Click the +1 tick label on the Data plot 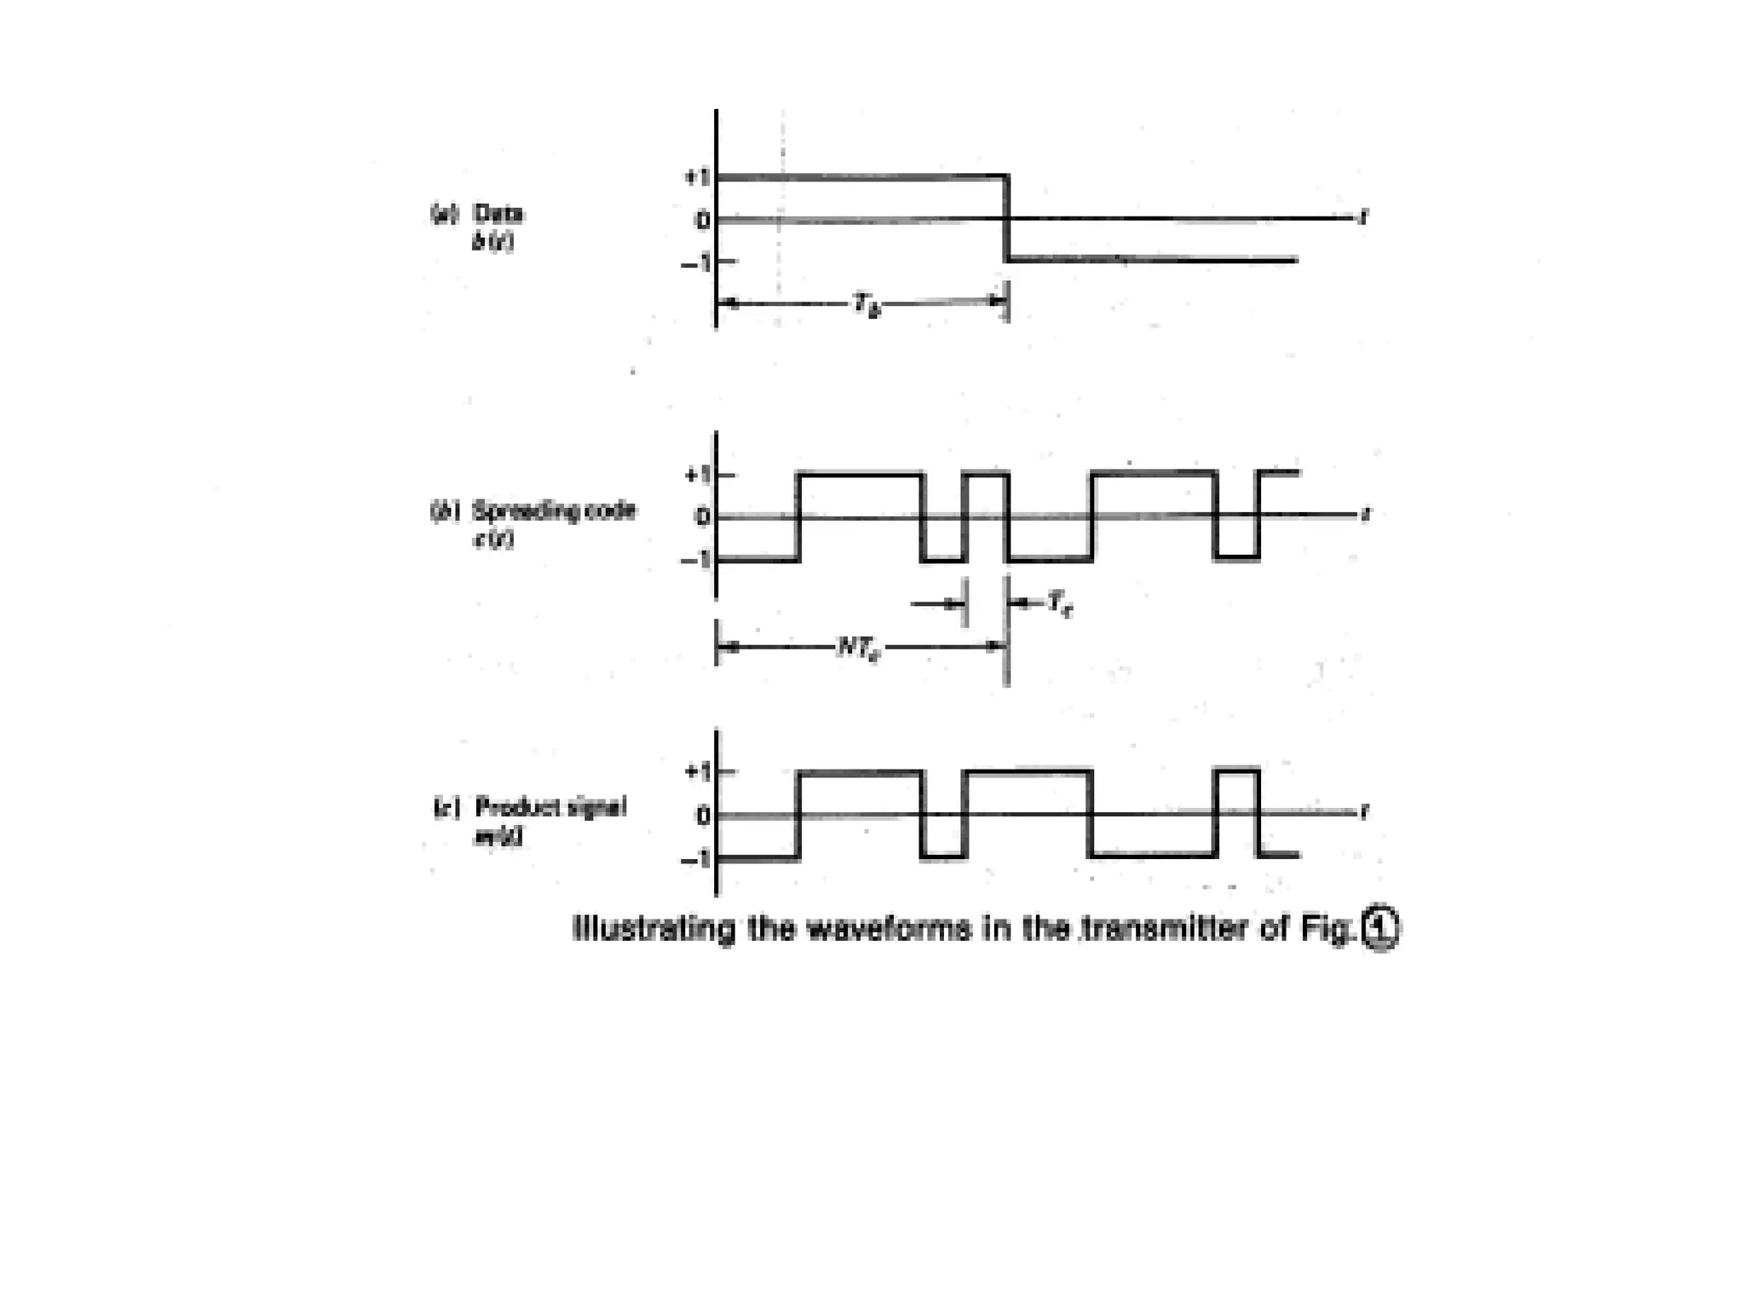point(696,177)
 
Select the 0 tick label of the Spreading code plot point(702,517)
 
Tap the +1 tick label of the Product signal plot point(697,772)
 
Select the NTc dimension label point(858,648)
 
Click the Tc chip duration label point(1059,604)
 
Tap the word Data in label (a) point(498,213)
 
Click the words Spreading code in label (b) point(554,511)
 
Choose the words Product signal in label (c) point(550,807)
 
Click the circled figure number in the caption point(1380,928)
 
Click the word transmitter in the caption point(1164,928)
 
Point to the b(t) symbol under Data point(493,242)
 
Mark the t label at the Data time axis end point(1364,218)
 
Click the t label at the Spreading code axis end point(1365,515)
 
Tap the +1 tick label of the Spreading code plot point(697,475)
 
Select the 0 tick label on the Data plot point(702,221)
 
